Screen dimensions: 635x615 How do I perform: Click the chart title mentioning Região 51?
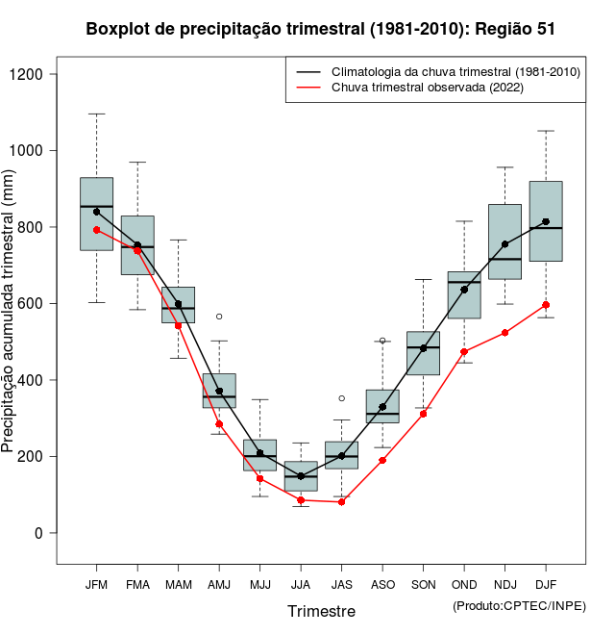pos(320,29)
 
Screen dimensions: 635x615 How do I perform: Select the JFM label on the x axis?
pos(96,585)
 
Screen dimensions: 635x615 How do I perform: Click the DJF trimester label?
pos(546,585)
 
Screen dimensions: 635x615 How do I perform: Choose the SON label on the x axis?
pos(423,585)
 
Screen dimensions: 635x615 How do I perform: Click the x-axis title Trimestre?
pos(321,611)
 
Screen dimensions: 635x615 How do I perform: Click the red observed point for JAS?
pos(341,502)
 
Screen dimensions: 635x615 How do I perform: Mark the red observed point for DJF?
pos(546,305)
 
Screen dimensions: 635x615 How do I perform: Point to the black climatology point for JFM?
pos(96,212)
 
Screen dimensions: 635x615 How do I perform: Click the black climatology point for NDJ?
pos(504,243)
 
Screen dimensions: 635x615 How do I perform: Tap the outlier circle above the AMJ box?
pos(219,317)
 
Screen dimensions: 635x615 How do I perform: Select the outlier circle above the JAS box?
pos(341,398)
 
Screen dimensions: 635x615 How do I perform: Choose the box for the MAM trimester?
pos(178,304)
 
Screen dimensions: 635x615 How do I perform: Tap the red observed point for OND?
pos(464,352)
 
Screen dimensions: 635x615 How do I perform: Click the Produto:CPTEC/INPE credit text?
pos(519,605)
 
